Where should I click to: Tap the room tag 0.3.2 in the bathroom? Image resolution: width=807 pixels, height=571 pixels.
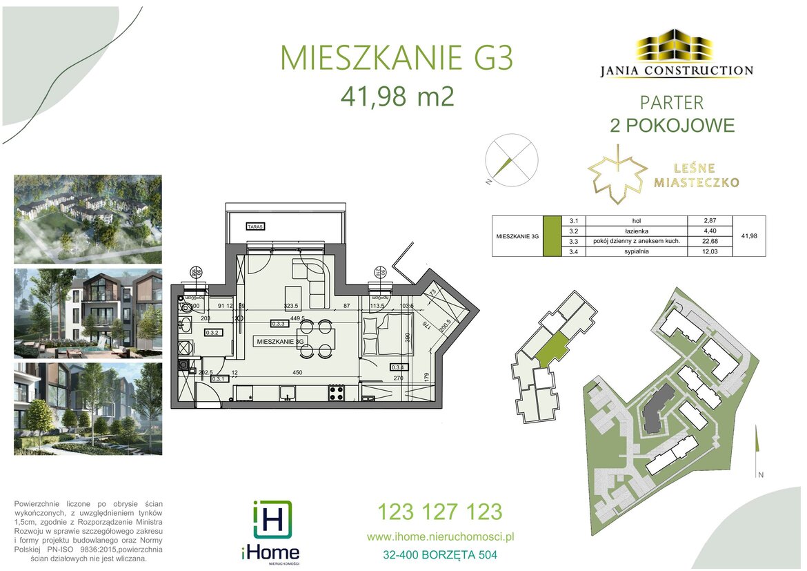tap(212, 333)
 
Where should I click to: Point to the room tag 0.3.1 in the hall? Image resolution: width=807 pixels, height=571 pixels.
tap(219, 379)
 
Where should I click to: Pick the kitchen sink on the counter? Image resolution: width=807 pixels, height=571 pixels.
tap(288, 393)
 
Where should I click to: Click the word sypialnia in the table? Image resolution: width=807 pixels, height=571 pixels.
tap(626, 251)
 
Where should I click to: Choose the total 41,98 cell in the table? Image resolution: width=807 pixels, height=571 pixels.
tap(748, 236)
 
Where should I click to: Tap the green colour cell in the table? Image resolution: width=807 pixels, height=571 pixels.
tap(552, 236)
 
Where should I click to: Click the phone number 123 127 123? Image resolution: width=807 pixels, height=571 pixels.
tap(439, 512)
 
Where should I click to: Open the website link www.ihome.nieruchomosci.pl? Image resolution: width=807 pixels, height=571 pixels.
tap(441, 536)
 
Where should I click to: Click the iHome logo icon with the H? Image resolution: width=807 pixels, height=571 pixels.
tap(272, 519)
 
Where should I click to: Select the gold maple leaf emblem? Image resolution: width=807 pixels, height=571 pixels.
tap(617, 174)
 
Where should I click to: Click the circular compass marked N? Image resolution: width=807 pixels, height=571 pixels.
tap(510, 158)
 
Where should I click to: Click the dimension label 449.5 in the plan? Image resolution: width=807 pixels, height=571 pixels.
tap(297, 318)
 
